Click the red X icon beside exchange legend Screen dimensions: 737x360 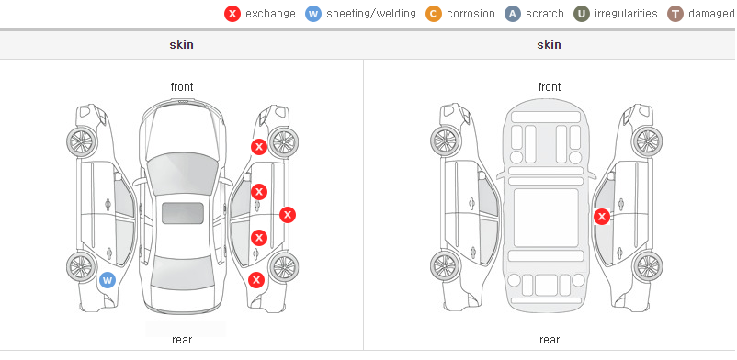(232, 14)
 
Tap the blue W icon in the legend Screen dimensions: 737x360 (313, 14)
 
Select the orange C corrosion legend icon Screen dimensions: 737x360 (434, 14)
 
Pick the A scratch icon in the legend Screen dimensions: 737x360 (513, 14)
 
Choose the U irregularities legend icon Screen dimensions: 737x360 (582, 14)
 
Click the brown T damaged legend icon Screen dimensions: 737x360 (675, 14)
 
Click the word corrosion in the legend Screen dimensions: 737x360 (471, 14)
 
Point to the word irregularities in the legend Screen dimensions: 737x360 (626, 14)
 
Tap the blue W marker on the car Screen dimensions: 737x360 (108, 281)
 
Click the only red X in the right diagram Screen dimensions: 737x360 (602, 217)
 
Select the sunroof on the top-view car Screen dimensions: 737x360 (183, 213)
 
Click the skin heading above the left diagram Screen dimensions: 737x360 (181, 45)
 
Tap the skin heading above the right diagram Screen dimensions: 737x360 (549, 45)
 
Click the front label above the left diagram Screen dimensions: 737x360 (182, 87)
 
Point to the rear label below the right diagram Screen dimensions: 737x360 (550, 340)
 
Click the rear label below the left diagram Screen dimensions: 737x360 (182, 340)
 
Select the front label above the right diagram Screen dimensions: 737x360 (550, 87)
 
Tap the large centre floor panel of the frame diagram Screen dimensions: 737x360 (546, 218)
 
